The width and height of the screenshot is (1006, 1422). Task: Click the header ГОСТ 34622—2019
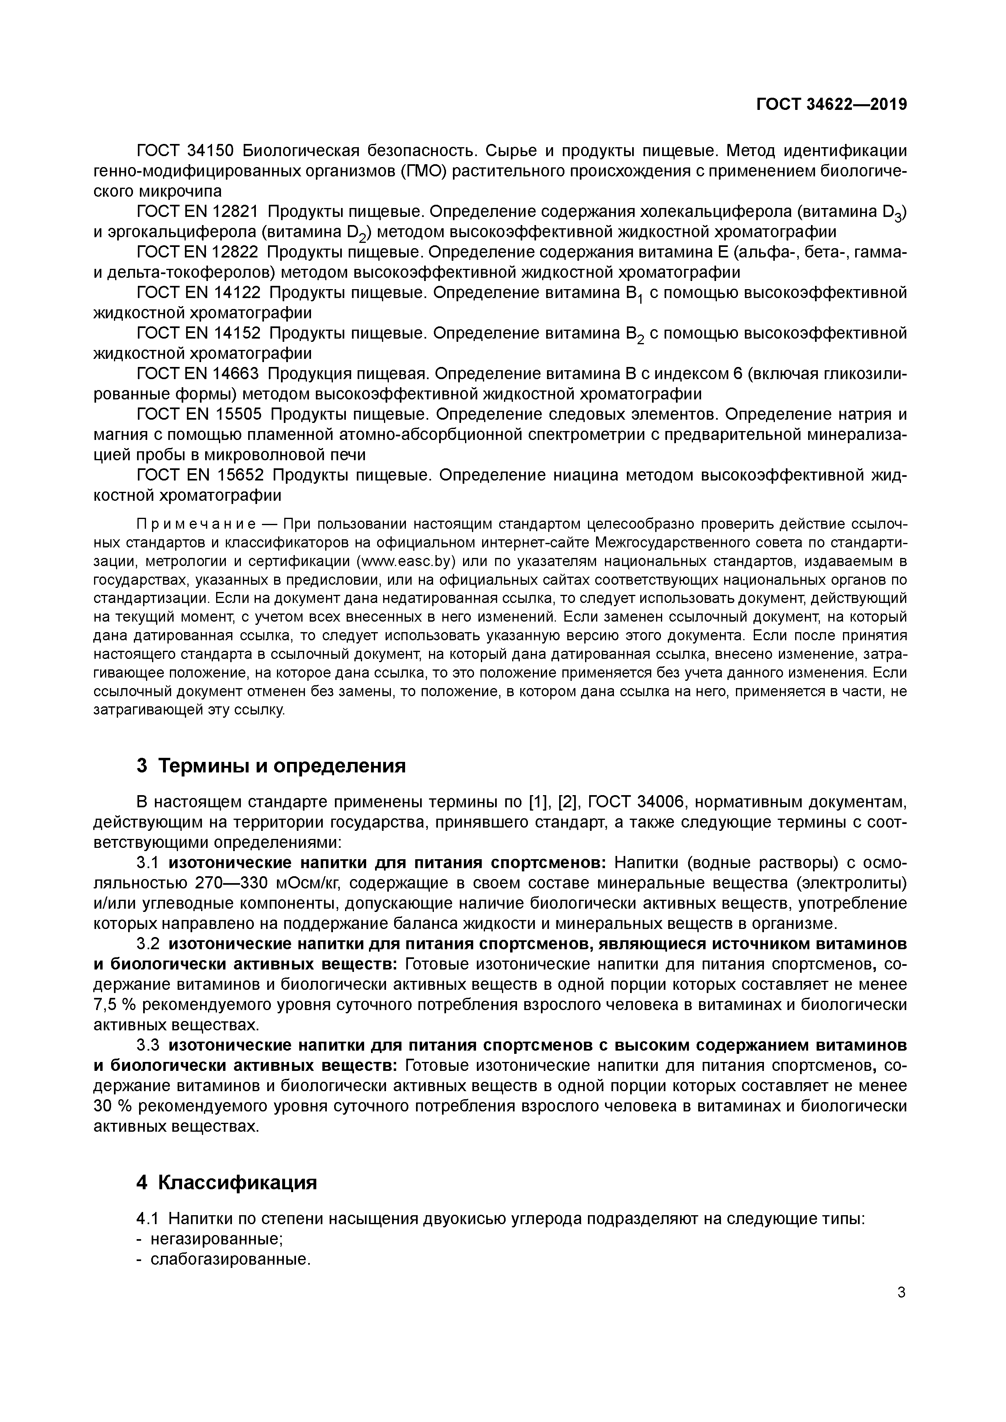[831, 105]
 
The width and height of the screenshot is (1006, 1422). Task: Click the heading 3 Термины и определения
[271, 766]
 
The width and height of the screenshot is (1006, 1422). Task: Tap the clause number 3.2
[148, 944]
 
